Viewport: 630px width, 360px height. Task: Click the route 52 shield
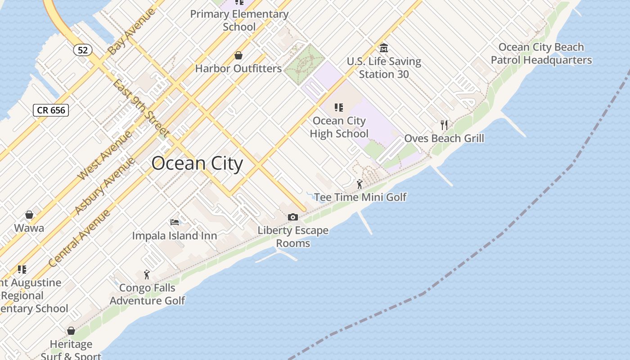pyautogui.click(x=83, y=50)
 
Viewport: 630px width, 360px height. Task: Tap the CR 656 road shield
pyautogui.click(x=51, y=110)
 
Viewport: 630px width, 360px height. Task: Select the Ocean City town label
pyautogui.click(x=197, y=163)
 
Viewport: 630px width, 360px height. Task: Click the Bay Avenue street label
pyautogui.click(x=132, y=31)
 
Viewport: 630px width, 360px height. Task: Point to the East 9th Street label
pyautogui.click(x=140, y=108)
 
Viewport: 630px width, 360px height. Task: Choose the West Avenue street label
pyautogui.click(x=105, y=155)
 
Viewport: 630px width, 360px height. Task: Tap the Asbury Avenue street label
pyautogui.click(x=104, y=185)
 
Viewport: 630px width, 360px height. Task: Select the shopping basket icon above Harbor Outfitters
pyautogui.click(x=238, y=55)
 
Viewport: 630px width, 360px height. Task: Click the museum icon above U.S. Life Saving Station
pyautogui.click(x=384, y=48)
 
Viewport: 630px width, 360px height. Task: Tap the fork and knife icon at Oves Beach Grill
pyautogui.click(x=444, y=125)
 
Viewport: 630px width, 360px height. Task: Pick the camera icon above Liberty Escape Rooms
pyautogui.click(x=293, y=217)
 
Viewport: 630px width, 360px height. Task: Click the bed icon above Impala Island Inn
pyautogui.click(x=175, y=222)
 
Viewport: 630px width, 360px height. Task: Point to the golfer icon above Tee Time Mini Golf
pyautogui.click(x=359, y=184)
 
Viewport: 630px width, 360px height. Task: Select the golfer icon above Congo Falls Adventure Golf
pyautogui.click(x=147, y=274)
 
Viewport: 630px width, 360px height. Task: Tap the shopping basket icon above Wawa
pyautogui.click(x=29, y=215)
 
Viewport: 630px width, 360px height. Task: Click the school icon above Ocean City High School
pyautogui.click(x=339, y=108)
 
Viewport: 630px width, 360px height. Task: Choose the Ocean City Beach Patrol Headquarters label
pyautogui.click(x=541, y=54)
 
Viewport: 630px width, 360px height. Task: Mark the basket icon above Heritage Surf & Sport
pyautogui.click(x=71, y=331)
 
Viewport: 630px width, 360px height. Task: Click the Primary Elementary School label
pyautogui.click(x=239, y=20)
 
